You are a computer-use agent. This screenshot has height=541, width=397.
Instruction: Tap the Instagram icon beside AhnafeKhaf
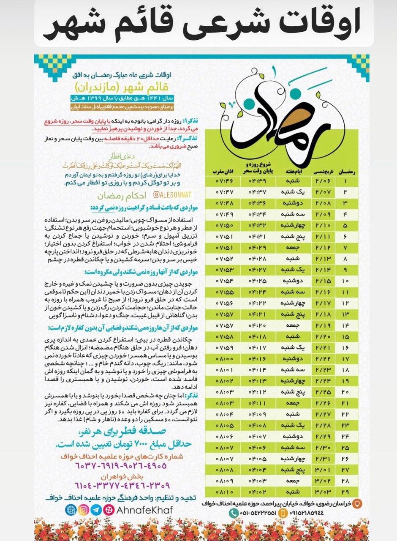click(84, 510)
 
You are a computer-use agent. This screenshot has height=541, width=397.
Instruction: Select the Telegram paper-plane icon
click(97, 510)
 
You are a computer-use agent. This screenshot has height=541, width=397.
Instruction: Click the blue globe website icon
click(71, 510)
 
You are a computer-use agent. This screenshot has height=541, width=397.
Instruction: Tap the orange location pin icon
click(357, 503)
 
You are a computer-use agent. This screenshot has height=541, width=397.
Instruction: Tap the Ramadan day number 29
click(345, 492)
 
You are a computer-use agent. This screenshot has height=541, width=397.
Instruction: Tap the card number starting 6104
click(122, 485)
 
